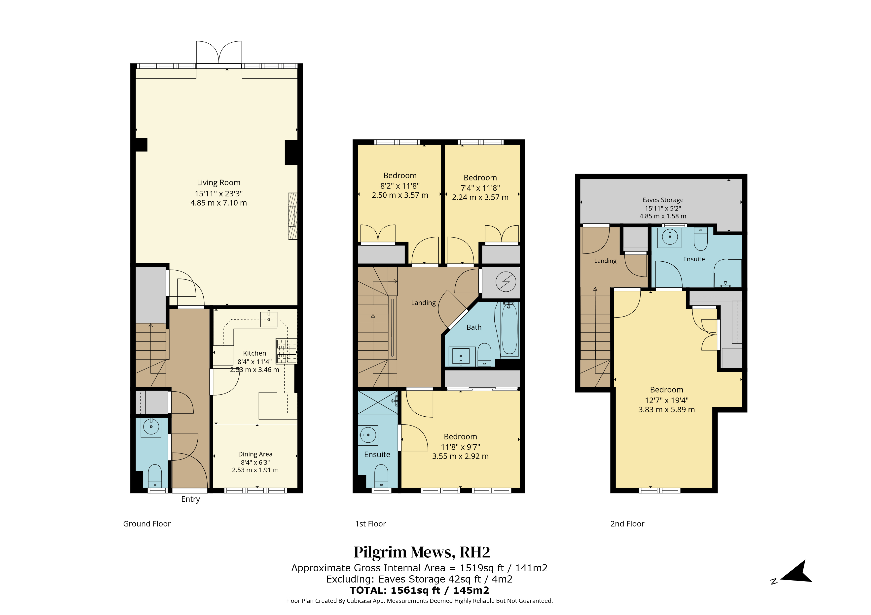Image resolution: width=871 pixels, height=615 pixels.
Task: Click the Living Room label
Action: click(x=218, y=183)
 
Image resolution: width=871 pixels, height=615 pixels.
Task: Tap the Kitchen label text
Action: click(x=254, y=353)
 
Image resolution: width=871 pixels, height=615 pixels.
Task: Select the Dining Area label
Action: click(x=255, y=454)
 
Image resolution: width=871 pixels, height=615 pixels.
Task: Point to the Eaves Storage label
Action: click(x=663, y=200)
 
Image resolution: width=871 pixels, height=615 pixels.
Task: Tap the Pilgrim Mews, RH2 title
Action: click(x=422, y=553)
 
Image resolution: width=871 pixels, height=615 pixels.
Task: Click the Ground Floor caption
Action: click(x=147, y=524)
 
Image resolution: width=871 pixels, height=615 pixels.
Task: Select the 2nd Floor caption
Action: click(x=627, y=524)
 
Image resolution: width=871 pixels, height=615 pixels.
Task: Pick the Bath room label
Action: click(x=474, y=327)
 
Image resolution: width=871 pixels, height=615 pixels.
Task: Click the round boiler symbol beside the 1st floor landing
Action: click(x=506, y=282)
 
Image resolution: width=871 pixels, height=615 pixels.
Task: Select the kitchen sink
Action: click(x=269, y=319)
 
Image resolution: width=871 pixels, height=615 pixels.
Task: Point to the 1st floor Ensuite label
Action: click(x=377, y=454)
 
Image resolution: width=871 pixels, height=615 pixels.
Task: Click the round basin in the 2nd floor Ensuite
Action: click(x=670, y=237)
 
